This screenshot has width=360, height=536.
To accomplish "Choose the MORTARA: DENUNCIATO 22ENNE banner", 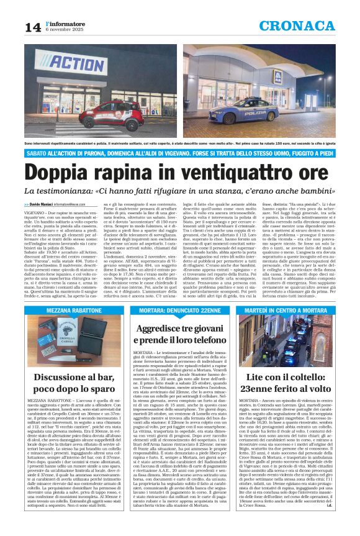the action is [178, 310].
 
